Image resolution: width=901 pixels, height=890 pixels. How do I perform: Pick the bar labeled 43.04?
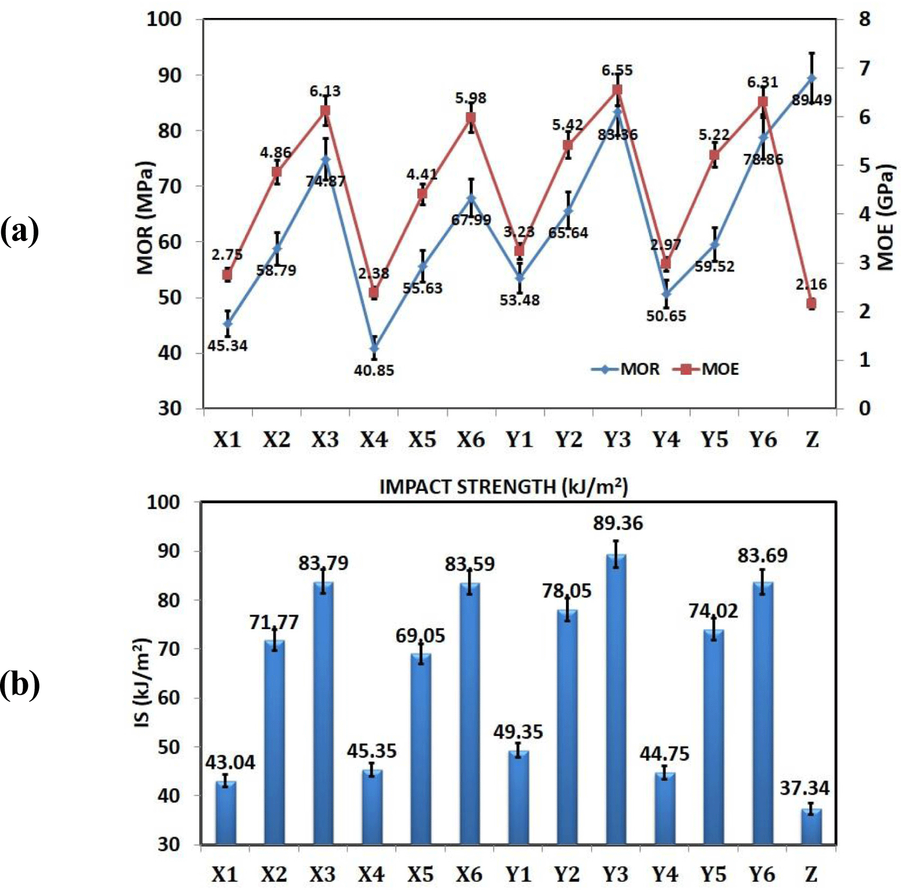(226, 813)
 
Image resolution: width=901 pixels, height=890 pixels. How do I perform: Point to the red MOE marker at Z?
(811, 304)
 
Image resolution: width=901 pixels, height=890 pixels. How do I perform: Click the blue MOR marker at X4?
(374, 348)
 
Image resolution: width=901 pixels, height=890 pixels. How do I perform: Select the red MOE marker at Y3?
(617, 89)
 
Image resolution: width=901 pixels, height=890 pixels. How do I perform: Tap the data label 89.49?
(812, 101)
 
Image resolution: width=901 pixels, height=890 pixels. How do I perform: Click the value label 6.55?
(617, 70)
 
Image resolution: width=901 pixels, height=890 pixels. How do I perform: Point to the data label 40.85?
(374, 370)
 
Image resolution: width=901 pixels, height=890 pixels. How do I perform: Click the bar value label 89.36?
(618, 523)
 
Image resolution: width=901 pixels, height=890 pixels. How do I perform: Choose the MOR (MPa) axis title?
(145, 217)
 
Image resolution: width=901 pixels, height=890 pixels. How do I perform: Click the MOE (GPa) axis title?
(885, 218)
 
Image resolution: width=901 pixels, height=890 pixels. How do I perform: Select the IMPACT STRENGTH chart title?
(503, 486)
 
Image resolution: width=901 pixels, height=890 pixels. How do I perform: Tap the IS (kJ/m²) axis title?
(142, 682)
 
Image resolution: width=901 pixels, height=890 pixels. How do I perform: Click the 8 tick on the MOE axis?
(864, 19)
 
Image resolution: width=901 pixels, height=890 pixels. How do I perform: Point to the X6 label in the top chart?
(470, 440)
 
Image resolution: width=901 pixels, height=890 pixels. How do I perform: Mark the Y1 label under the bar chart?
(518, 874)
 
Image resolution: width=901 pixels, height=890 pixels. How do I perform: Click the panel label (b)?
(20, 684)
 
